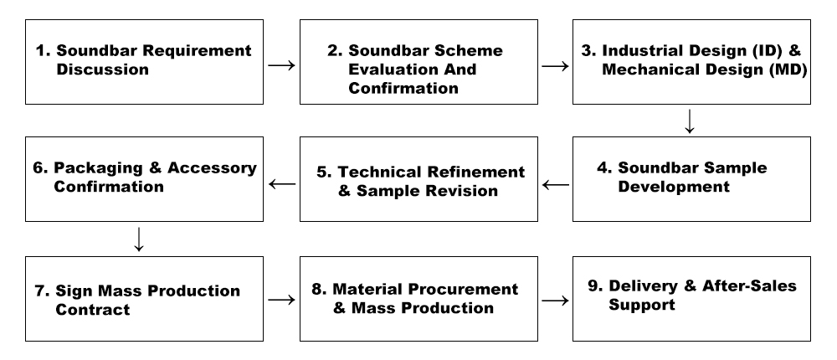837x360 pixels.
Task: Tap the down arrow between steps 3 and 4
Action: coord(690,122)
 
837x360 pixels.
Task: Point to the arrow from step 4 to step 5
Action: coord(553,184)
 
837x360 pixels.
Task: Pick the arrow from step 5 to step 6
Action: coord(281,184)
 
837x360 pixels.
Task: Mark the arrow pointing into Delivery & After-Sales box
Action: coord(554,300)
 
